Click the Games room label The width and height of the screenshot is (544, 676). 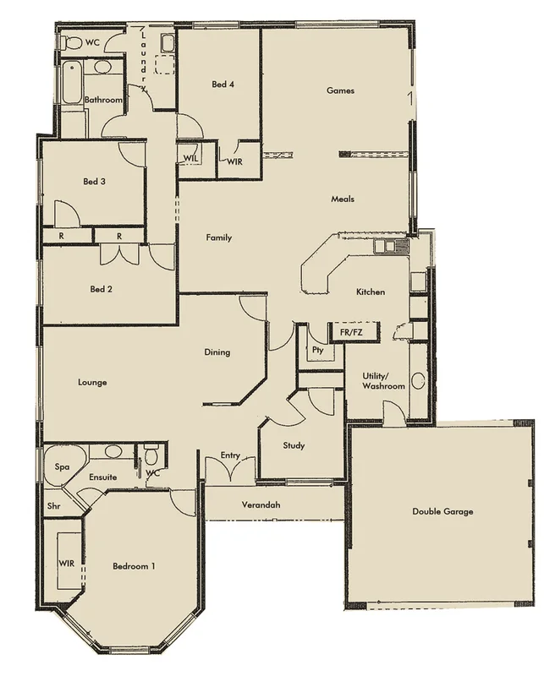coord(340,90)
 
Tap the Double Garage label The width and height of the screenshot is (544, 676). coord(442,511)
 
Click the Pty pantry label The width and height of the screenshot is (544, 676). coord(317,349)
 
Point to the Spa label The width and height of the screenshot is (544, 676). coord(62,466)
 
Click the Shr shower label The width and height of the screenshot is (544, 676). coord(54,507)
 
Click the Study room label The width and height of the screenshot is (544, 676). coord(294,445)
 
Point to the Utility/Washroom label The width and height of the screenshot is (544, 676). coord(383,380)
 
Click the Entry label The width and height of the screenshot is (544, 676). coord(230,455)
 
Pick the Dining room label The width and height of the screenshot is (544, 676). coord(217,352)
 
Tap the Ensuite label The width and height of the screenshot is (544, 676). coord(102,477)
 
